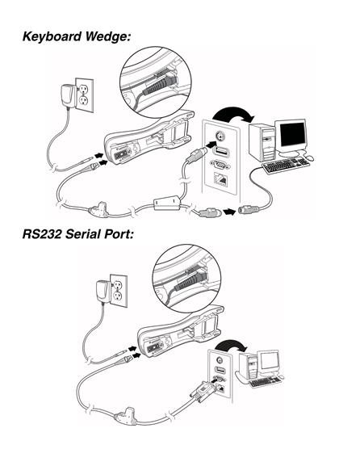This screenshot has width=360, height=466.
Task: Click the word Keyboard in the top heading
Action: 52,36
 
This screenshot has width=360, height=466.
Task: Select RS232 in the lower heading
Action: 42,234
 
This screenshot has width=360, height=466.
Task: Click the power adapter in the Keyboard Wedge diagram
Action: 68,95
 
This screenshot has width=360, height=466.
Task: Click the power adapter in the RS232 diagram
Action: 103,292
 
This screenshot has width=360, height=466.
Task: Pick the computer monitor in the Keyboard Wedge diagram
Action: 291,136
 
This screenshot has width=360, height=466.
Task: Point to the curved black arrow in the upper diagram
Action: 233,112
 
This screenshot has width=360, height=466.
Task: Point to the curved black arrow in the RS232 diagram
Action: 230,345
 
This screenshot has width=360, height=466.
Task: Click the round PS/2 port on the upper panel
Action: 220,136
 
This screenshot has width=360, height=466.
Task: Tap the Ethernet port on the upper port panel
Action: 220,179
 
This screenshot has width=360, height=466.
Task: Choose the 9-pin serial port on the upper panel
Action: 220,164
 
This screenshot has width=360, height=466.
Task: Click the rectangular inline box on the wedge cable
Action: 167,203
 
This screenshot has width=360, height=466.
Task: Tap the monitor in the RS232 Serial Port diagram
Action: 270,363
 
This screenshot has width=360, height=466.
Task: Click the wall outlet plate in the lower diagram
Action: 119,291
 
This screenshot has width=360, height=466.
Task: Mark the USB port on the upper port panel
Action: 220,151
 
